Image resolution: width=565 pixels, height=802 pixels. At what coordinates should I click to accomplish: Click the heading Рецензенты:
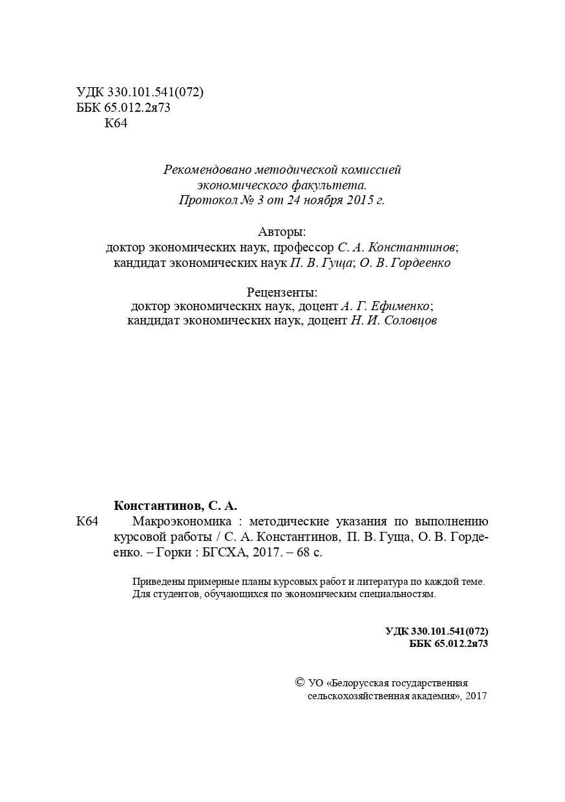[282, 291]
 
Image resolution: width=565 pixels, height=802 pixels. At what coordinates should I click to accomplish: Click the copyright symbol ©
[299, 682]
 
